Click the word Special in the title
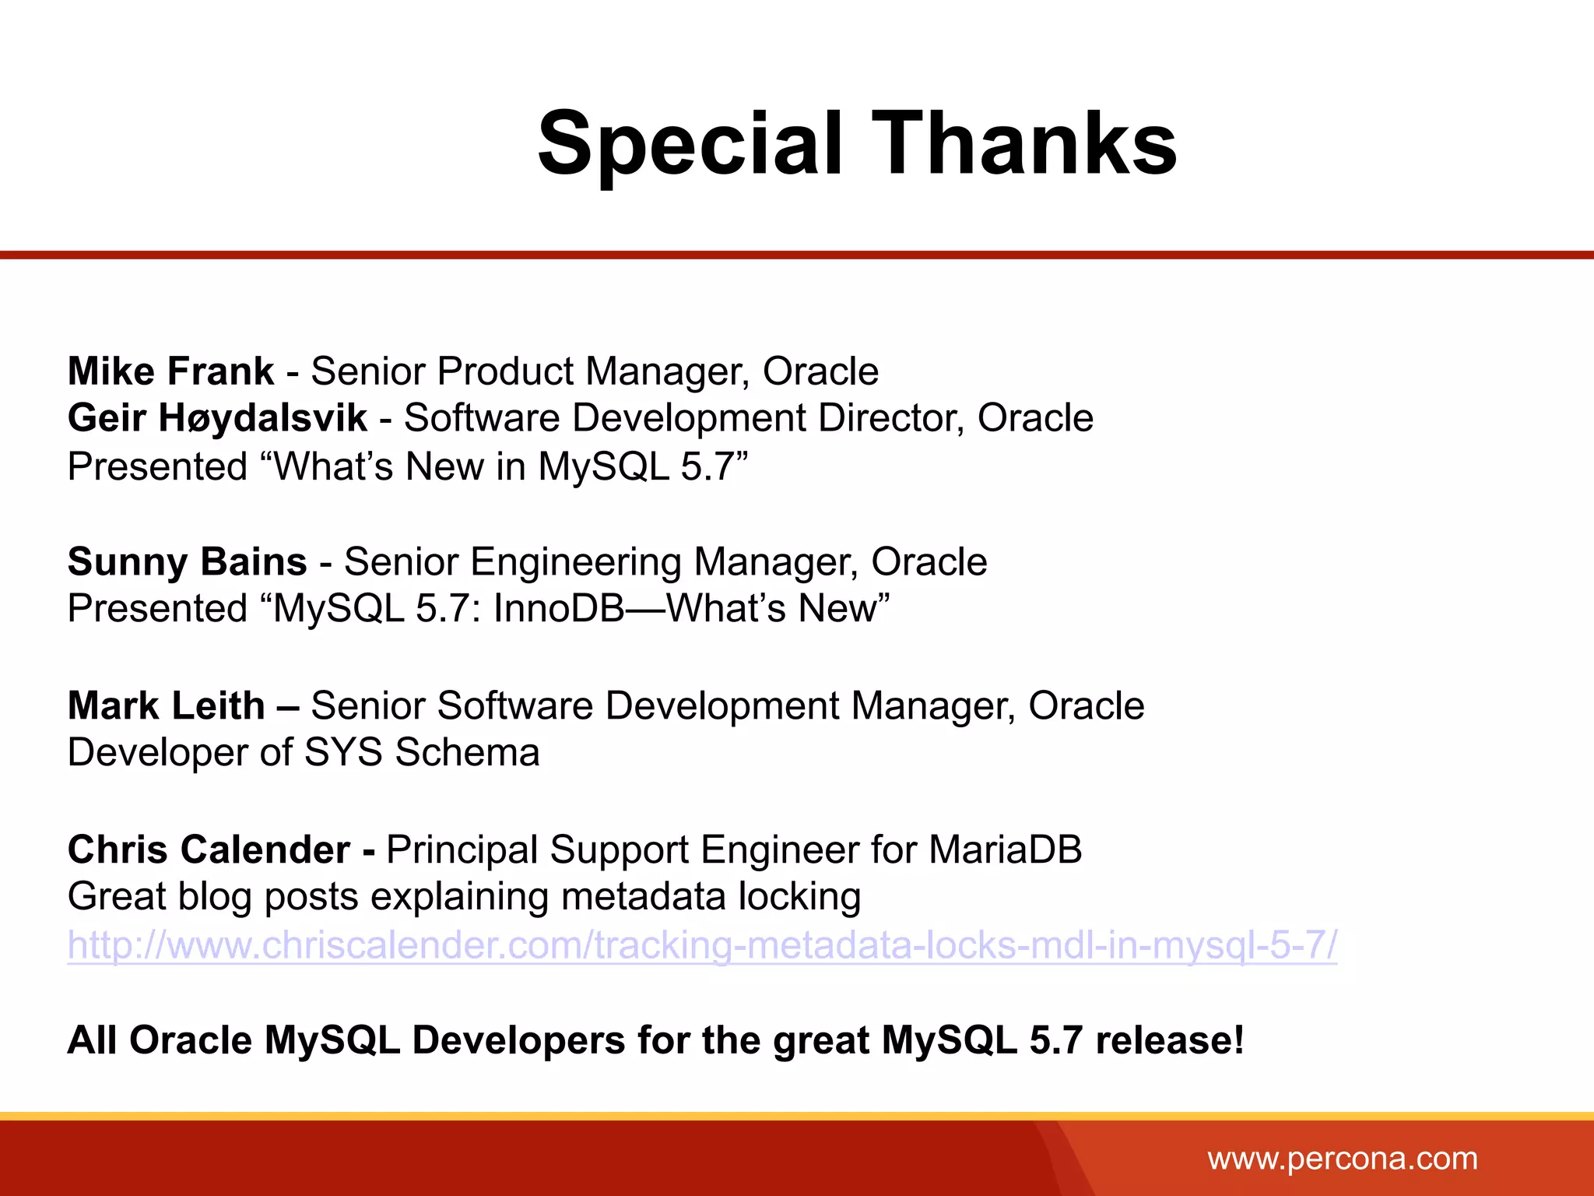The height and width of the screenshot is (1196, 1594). pos(690,145)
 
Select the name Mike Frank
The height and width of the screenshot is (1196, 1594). pos(170,371)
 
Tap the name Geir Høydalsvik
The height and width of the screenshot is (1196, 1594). pos(217,419)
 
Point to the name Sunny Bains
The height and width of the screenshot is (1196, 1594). pos(187,562)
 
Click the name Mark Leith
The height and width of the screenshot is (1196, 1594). pos(167,706)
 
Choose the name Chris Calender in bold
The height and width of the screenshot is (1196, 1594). pos(209,850)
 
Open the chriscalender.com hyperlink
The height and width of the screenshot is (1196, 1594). pos(702,945)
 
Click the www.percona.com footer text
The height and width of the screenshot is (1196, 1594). pos(1342,1159)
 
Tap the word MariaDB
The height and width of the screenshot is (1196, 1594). pos(1005,850)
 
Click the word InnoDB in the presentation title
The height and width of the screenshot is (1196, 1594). pos(558,609)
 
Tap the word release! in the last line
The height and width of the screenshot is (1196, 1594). pos(1170,1040)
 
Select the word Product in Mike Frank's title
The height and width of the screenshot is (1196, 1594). pos(504,371)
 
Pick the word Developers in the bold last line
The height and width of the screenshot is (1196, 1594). pos(518,1040)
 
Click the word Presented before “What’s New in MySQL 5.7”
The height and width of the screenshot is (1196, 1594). pos(157,467)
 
